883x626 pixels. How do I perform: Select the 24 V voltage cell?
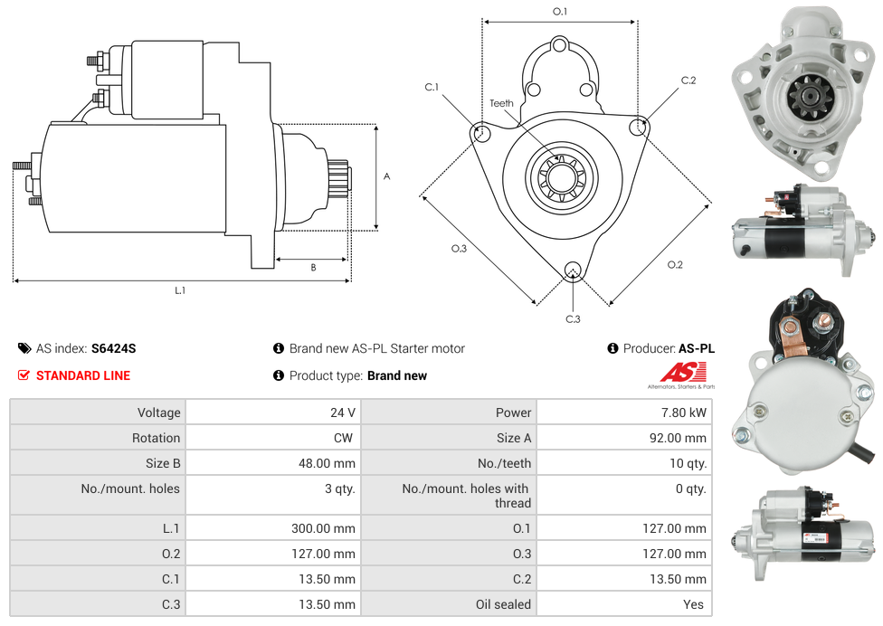[x=342, y=413]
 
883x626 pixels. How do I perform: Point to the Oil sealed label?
[x=503, y=604]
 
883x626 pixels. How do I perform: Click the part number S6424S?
[x=113, y=348]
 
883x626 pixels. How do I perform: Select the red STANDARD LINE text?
[x=83, y=375]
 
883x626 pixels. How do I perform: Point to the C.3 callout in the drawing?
[x=573, y=318]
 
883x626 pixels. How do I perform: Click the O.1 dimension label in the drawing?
[x=560, y=11]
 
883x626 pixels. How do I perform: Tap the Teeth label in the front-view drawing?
[x=501, y=103]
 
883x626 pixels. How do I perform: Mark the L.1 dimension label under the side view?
[x=180, y=290]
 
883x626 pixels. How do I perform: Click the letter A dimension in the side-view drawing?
[x=386, y=176]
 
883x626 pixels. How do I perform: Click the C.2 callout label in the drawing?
[x=688, y=81]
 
